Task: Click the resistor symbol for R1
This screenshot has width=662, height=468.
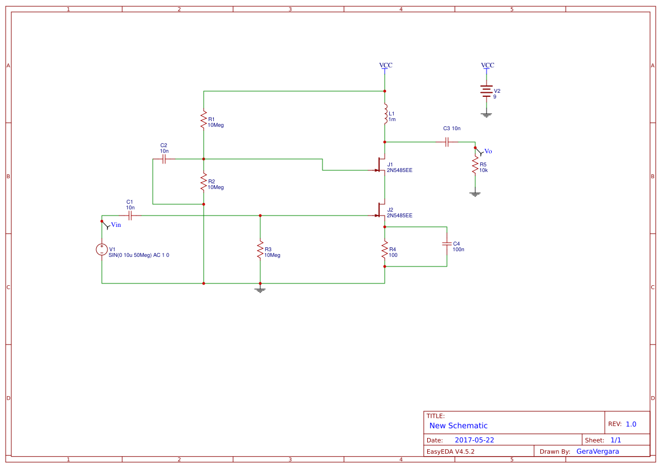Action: pos(203,119)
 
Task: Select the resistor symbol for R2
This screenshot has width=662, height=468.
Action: pos(203,182)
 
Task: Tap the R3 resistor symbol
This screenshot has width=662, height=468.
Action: pos(260,250)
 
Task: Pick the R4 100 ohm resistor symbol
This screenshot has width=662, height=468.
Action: pos(385,249)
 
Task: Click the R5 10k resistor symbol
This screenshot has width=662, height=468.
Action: pos(475,165)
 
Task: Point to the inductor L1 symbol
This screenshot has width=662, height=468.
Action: pos(385,114)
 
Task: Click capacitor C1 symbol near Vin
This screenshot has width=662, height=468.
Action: pos(130,216)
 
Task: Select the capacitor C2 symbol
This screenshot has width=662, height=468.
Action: pos(164,159)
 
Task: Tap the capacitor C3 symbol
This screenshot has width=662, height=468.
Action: pos(447,142)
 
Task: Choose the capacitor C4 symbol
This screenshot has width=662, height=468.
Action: pos(446,244)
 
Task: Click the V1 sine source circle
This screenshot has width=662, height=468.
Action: pos(102,250)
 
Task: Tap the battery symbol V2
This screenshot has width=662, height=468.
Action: pos(486,91)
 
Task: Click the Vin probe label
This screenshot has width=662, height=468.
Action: pos(115,225)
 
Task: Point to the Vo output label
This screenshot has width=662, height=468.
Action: pos(488,151)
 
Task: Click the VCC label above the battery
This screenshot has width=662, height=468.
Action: pos(487,65)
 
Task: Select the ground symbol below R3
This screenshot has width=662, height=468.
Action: pos(260,290)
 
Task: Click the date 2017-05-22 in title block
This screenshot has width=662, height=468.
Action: pos(474,440)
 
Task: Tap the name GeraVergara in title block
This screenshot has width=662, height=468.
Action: pos(597,452)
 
